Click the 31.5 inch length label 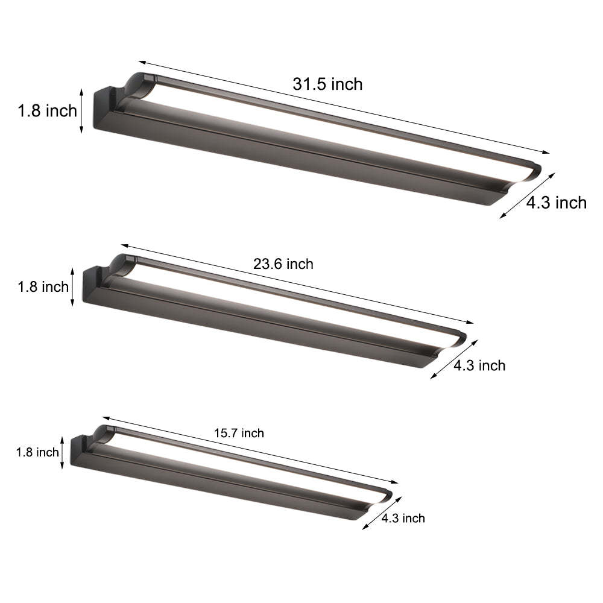[327, 84]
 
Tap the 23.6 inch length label [283, 264]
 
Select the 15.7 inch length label [239, 433]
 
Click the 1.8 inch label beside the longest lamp [47, 111]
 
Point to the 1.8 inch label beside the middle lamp [43, 287]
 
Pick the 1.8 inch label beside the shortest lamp [37, 452]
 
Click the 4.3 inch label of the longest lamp [556, 203]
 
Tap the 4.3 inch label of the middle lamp [479, 365]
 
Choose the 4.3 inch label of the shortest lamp [403, 518]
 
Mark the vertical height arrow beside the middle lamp [73, 286]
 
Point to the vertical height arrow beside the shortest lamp [62, 452]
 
